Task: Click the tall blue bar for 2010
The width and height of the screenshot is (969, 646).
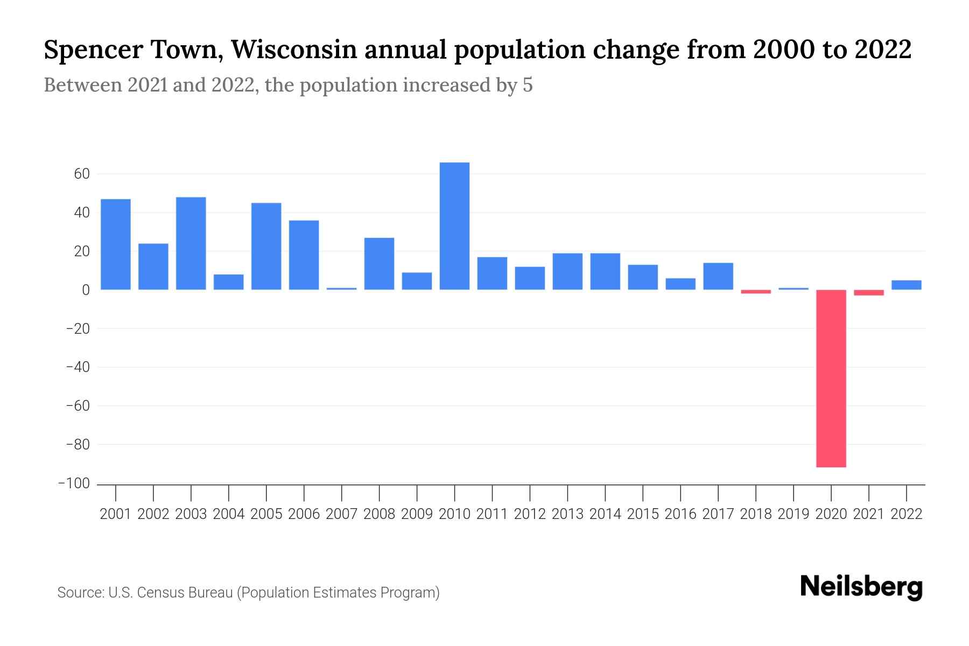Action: pyautogui.click(x=454, y=226)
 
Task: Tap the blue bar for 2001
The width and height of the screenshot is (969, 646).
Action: pyautogui.click(x=116, y=244)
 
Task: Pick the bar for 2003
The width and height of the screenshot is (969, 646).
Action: pyautogui.click(x=191, y=243)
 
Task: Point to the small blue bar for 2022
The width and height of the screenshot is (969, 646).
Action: pyautogui.click(x=907, y=285)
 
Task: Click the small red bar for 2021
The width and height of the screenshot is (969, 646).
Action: pyautogui.click(x=869, y=292)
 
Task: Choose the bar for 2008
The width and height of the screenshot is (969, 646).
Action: pyautogui.click(x=379, y=264)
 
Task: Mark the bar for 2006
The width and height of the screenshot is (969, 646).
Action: pyautogui.click(x=304, y=255)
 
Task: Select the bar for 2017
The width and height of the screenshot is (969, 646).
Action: pyautogui.click(x=718, y=276)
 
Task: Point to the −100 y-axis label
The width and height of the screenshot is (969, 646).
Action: pyautogui.click(x=74, y=483)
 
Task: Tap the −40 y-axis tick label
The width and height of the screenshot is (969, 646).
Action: pyautogui.click(x=77, y=367)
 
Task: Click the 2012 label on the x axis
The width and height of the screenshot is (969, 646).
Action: pyautogui.click(x=530, y=514)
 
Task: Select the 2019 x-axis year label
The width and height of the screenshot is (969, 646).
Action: pyautogui.click(x=794, y=514)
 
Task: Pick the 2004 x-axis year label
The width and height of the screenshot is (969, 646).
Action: pyautogui.click(x=229, y=514)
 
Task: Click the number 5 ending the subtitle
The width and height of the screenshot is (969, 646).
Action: pyautogui.click(x=528, y=85)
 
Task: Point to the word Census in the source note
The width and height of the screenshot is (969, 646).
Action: pyautogui.click(x=160, y=593)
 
